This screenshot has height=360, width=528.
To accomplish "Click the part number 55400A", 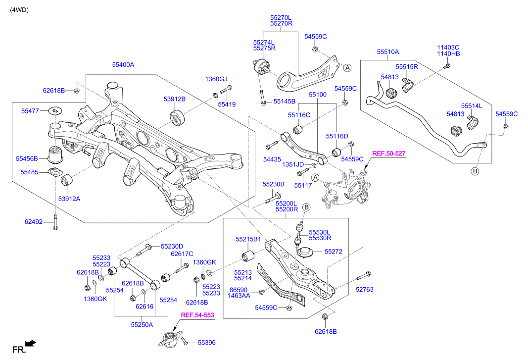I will point(123,65).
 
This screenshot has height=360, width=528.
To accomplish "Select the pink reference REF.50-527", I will point(389,154).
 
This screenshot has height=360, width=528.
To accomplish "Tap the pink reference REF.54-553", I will point(197,315).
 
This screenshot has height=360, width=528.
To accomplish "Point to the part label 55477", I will point(30,111).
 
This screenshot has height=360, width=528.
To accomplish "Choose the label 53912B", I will point(175,99).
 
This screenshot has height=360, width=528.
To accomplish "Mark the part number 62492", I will point(34,223).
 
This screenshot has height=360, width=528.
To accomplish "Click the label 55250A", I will point(142,325).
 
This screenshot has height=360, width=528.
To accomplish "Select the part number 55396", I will point(208,342).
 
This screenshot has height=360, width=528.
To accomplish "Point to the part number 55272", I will point(334,252).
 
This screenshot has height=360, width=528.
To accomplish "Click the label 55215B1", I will point(248,239).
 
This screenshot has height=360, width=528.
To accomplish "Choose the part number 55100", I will point(318,94).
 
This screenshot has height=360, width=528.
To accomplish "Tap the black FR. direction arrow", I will point(31,343).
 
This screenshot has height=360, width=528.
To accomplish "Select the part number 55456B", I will point(27,158).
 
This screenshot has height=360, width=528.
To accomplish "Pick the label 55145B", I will point(284,102).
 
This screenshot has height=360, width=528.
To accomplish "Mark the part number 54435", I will point(272,159).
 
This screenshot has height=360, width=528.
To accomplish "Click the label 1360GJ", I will point(216,79).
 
